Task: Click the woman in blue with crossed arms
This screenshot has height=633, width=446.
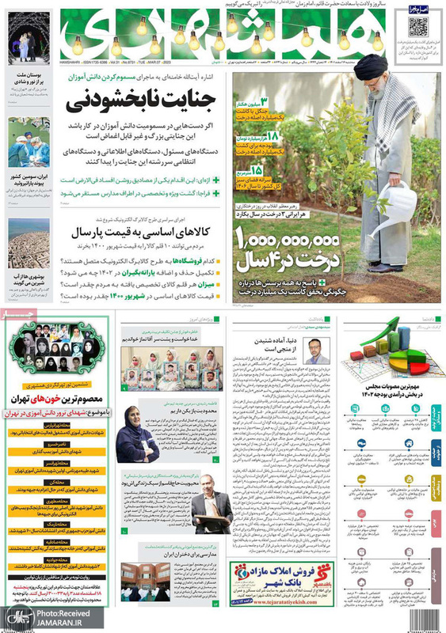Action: coord(138,431)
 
